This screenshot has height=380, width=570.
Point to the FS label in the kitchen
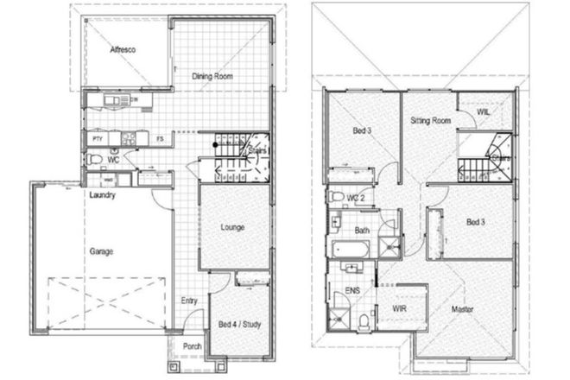[160, 138]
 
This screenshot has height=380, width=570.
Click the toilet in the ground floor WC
[92, 160]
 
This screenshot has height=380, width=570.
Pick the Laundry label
[102, 195]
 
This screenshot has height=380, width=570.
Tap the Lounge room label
[231, 228]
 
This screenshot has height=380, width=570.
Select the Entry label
[189, 301]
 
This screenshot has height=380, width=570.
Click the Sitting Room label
[430, 122]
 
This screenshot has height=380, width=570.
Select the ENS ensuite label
[351, 291]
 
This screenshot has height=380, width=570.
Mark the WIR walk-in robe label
[399, 307]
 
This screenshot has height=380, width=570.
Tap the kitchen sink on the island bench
[114, 102]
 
